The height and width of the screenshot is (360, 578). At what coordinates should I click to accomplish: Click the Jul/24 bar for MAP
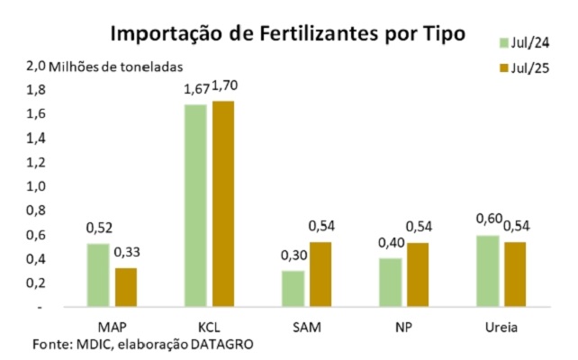pos(98,275)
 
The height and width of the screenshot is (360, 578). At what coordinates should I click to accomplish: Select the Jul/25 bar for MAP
pos(126,287)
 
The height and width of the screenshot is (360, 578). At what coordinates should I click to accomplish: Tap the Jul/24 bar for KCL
pos(194,206)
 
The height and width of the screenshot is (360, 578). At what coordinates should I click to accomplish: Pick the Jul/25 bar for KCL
pos(222,204)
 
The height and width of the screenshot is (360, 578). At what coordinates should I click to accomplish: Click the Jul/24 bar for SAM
pos(292,289)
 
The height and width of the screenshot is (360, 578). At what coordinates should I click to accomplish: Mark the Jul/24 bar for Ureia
pos(486,271)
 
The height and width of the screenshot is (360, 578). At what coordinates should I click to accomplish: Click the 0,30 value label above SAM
pos(293,255)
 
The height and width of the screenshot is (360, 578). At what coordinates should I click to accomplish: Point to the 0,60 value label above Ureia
pos(487,220)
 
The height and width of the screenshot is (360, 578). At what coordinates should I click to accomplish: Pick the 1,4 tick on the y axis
pos(35,139)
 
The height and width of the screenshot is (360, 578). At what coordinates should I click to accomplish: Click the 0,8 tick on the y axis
pos(35,211)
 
